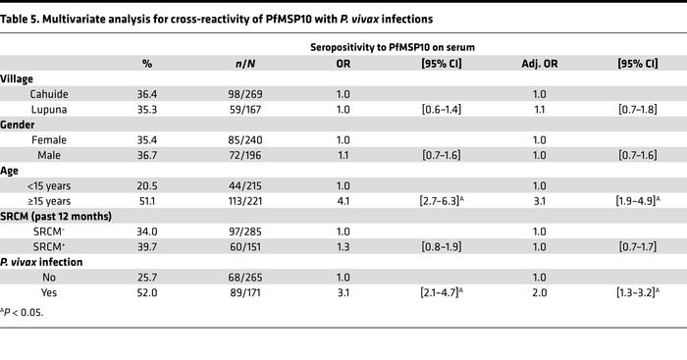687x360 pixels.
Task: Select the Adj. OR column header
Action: click(x=539, y=64)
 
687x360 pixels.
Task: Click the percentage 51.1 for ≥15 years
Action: click(x=147, y=200)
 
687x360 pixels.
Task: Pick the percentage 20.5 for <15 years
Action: click(x=147, y=184)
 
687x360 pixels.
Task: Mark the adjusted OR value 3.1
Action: click(x=539, y=200)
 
